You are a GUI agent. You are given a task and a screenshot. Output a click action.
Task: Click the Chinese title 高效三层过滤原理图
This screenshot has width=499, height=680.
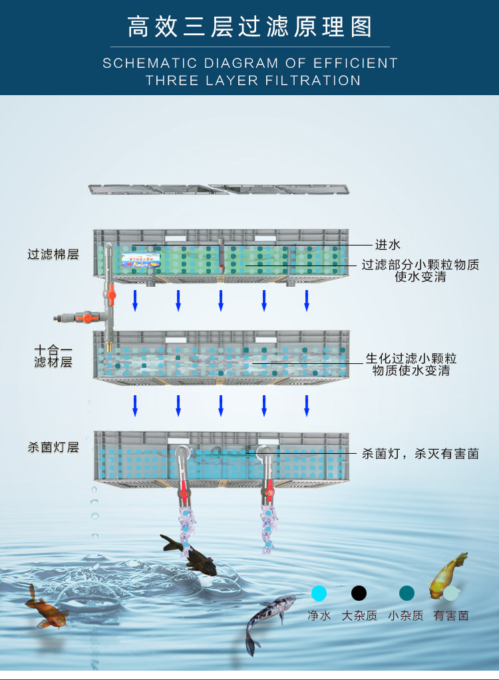[x=249, y=28]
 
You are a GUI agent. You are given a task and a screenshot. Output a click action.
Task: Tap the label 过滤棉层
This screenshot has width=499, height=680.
[x=53, y=254]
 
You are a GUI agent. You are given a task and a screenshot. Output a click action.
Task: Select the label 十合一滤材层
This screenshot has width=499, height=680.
[x=53, y=356]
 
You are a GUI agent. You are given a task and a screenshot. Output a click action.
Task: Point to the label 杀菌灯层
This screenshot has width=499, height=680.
[x=53, y=447]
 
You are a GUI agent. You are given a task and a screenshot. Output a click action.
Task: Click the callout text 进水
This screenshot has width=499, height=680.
[x=387, y=245]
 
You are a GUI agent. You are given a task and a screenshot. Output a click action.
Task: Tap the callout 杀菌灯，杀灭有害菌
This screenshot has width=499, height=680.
[x=420, y=454]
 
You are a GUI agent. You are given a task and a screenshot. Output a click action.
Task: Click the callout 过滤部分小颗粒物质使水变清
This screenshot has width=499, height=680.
[x=420, y=270]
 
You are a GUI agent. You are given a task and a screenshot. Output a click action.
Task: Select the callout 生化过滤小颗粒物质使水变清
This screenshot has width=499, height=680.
[x=411, y=365]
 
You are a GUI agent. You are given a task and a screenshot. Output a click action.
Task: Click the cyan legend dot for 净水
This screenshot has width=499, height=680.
[x=319, y=593]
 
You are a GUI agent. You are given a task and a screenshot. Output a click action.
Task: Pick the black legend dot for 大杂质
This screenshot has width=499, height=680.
[x=359, y=593]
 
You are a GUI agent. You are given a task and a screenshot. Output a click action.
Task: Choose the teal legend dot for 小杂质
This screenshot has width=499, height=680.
[x=407, y=593]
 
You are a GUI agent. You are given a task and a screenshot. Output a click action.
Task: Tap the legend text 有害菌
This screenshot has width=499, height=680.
[x=451, y=616]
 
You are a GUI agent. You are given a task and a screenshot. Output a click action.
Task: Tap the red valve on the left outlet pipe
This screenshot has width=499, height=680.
[x=182, y=494]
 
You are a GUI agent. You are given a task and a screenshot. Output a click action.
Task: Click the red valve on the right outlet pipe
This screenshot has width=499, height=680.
[x=269, y=494]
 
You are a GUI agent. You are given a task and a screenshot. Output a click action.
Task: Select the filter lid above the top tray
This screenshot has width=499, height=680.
[x=219, y=190]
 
